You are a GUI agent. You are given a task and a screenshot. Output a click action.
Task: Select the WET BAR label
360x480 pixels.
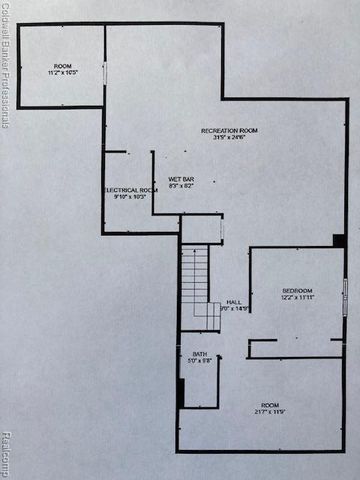181,178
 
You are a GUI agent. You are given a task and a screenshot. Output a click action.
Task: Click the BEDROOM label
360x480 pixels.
298,290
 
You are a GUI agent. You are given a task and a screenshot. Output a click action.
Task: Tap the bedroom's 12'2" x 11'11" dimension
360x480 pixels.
298,298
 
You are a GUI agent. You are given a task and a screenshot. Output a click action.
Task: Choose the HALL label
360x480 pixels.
234,301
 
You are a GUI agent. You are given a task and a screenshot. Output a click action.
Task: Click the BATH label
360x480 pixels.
200,354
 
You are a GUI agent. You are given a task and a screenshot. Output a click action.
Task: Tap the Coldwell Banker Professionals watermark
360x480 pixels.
6,65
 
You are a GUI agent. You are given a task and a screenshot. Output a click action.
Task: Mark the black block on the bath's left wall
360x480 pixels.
181,392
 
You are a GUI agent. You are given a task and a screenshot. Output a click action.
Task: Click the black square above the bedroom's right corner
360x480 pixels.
339,240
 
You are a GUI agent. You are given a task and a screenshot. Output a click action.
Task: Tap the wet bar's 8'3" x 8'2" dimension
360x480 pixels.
181,186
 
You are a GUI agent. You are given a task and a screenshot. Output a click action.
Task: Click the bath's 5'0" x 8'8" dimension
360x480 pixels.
200,362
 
